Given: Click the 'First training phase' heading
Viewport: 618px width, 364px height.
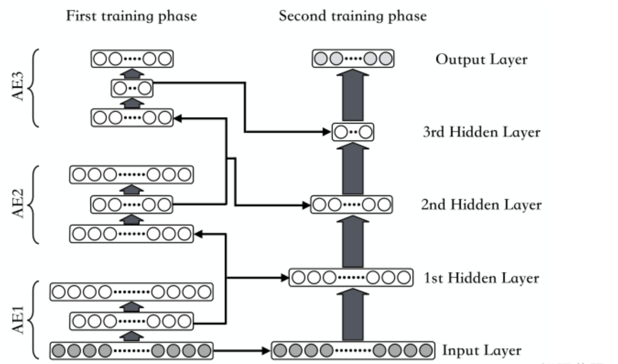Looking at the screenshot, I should pos(131,16).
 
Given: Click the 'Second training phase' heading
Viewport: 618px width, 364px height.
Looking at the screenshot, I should pos(352,16).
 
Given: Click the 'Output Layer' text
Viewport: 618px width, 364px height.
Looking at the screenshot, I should pos(481,60).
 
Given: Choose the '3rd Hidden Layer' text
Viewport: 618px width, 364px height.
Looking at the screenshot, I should pos(481,132).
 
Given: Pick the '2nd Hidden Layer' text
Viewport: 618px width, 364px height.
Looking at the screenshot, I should pos(481,204).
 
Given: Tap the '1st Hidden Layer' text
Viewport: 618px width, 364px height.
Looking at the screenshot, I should pos(481,278).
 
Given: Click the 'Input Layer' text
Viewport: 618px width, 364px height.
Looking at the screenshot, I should pos(481,351).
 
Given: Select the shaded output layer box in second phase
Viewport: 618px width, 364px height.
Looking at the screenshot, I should pos(353,59).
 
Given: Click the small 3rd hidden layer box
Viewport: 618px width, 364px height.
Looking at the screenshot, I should pos(353,132).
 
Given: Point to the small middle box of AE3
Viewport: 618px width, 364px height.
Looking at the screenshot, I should pos(132,88).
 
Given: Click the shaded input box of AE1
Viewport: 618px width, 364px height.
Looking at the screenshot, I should pos(131,351).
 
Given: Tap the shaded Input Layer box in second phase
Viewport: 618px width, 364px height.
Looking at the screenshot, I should pos(353,351).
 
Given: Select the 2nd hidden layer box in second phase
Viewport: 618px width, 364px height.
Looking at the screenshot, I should pos(352,204).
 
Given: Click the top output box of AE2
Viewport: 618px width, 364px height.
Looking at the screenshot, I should pos(131,175).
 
